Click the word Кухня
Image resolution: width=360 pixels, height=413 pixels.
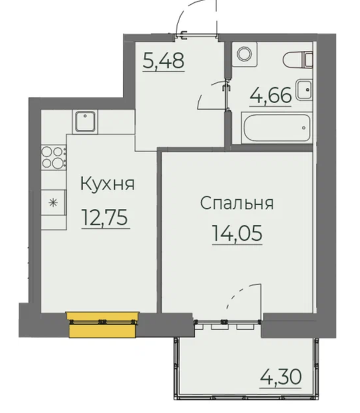(107, 183)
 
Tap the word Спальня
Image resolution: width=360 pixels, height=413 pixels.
(237, 203)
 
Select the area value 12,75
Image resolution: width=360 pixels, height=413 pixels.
(106, 217)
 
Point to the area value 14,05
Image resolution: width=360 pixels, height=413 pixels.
(237, 233)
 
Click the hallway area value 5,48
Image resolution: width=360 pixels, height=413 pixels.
(163, 61)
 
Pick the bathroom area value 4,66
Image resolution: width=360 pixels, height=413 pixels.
(271, 95)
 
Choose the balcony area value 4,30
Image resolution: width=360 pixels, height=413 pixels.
(280, 376)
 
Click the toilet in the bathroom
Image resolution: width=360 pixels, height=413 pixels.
(298, 60)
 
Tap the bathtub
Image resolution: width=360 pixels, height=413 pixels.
(276, 128)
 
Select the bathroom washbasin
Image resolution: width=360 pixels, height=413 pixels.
(304, 90)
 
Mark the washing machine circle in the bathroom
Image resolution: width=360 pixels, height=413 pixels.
(244, 54)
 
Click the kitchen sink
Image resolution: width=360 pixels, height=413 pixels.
(85, 122)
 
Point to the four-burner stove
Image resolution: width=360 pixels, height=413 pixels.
(54, 158)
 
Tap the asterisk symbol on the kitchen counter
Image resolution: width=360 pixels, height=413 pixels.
(53, 203)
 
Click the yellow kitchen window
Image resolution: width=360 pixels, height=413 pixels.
(103, 324)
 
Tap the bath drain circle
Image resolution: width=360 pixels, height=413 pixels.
(304, 128)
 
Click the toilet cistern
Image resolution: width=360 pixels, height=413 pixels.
(309, 60)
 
